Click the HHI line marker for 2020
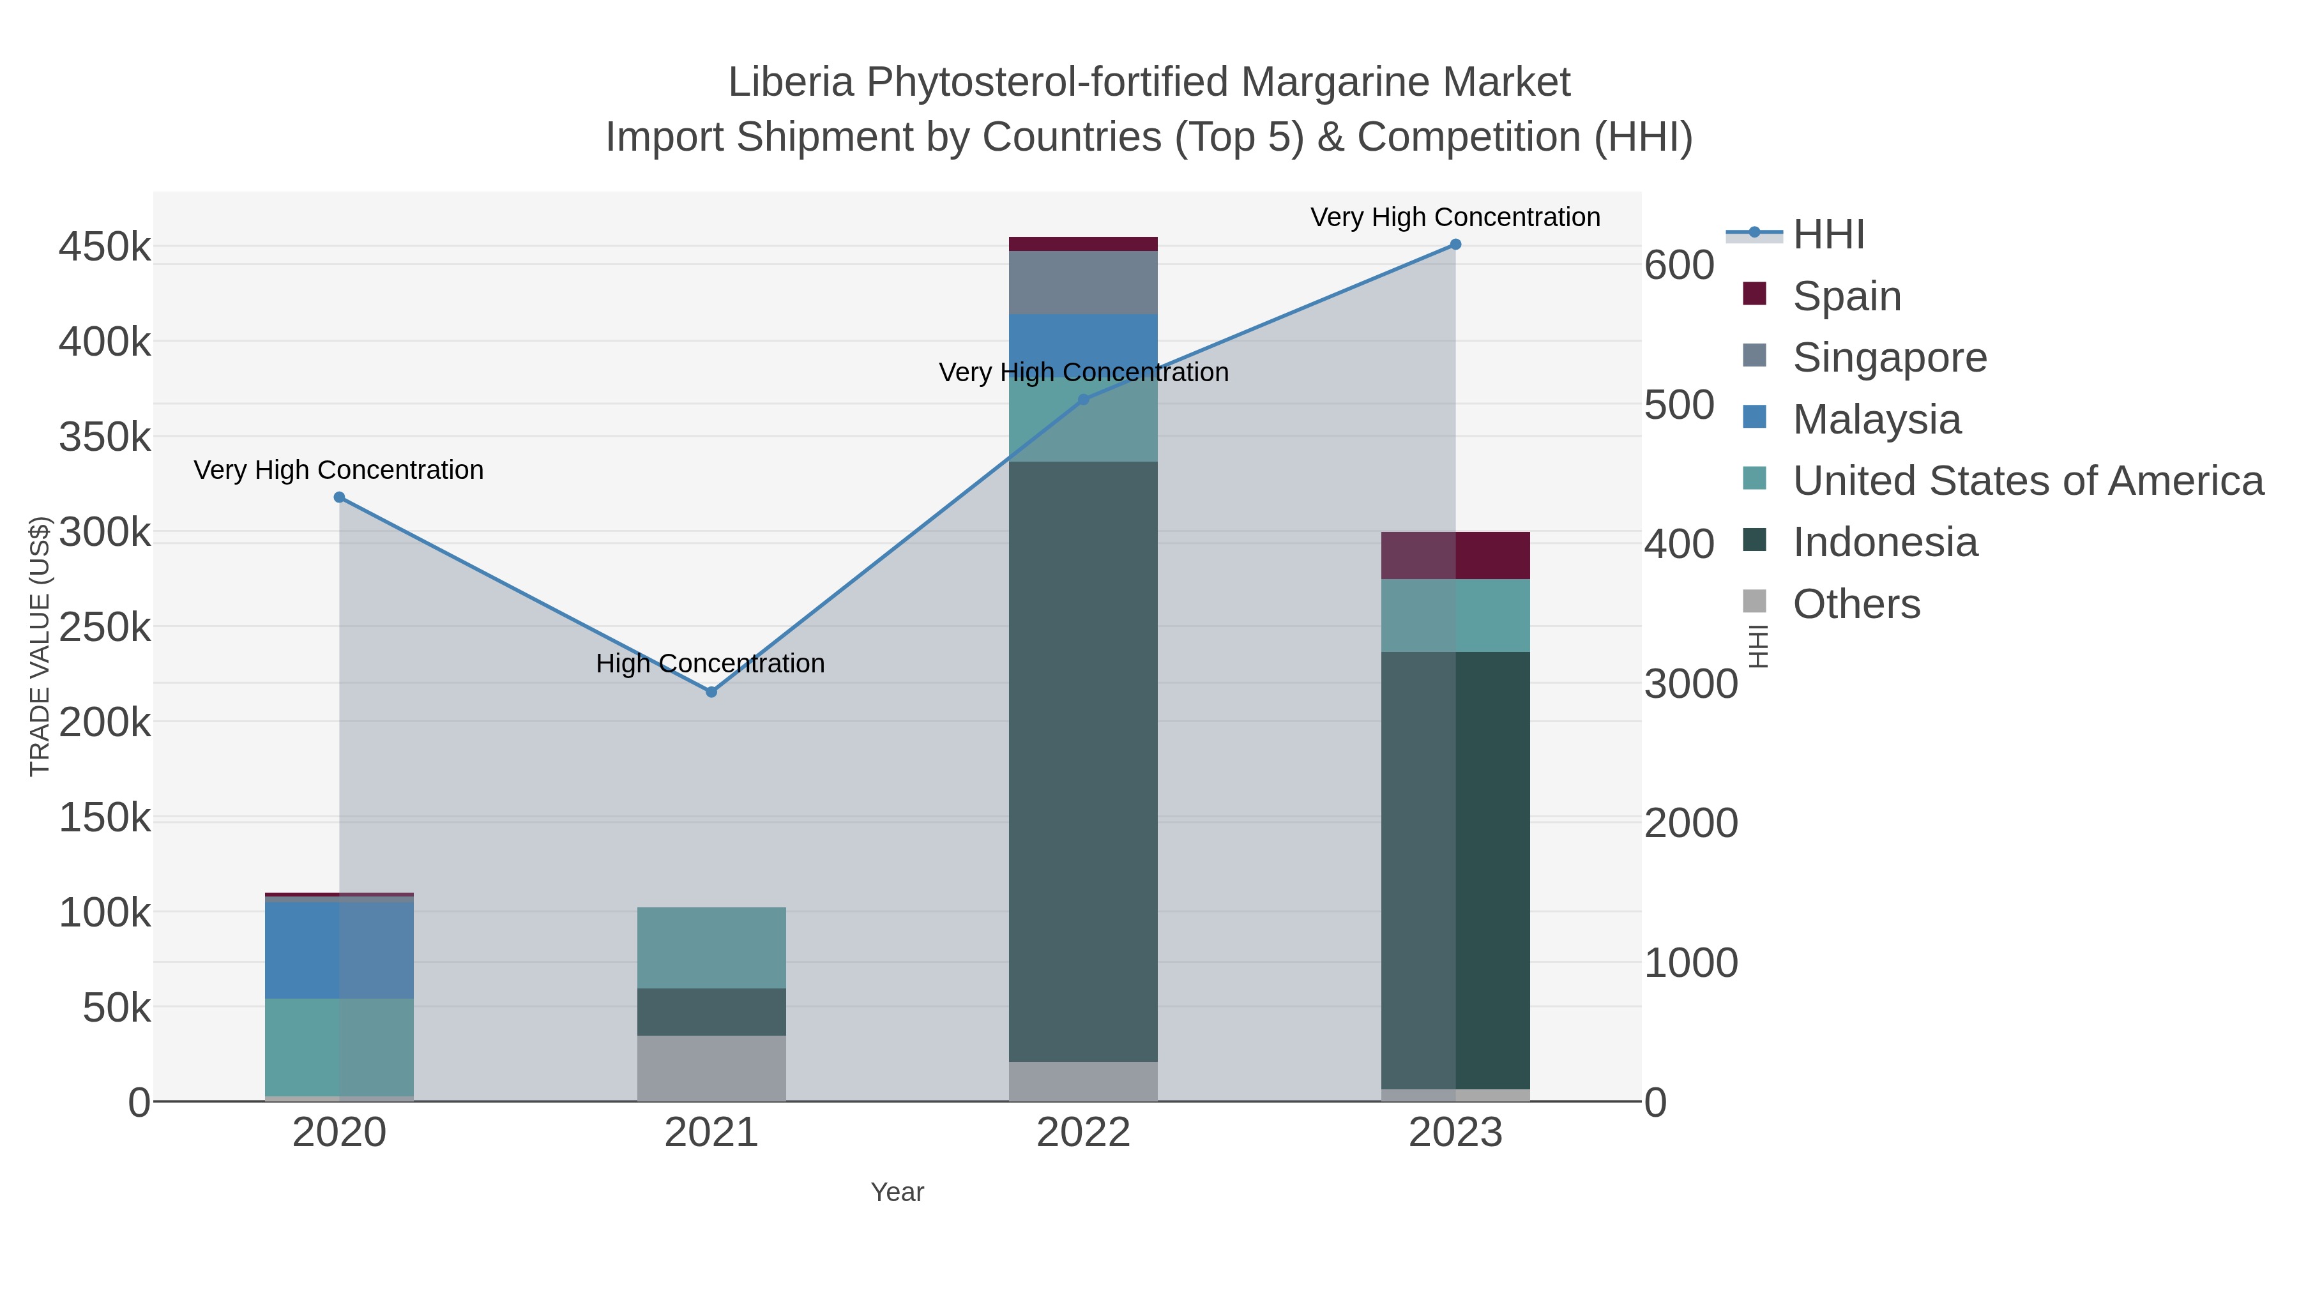(x=339, y=497)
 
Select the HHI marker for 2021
(x=711, y=692)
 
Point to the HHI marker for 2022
(x=1084, y=400)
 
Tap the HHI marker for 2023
(x=1455, y=245)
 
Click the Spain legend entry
(x=1846, y=296)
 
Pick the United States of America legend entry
(x=2027, y=480)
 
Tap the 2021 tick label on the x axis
(x=711, y=1132)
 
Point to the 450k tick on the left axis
(x=105, y=247)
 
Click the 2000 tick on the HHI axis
(x=1690, y=823)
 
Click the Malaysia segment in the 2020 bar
(x=339, y=949)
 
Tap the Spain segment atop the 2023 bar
(x=1455, y=555)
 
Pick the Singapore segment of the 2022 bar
(x=1084, y=282)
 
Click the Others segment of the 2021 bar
(x=711, y=1068)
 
